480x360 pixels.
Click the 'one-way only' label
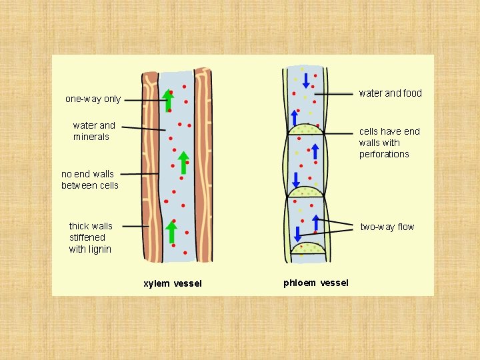click(x=93, y=99)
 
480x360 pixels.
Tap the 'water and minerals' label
click(x=93, y=131)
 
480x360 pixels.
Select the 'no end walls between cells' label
click(x=89, y=180)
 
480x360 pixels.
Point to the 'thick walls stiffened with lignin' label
click(x=91, y=237)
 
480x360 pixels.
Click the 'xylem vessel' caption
click(x=173, y=283)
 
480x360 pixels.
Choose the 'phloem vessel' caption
click(x=315, y=283)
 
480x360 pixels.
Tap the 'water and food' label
click(x=390, y=93)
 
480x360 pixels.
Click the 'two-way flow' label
click(x=387, y=227)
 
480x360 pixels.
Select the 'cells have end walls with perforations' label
click(x=389, y=143)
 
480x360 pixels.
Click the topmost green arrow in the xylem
click(x=168, y=101)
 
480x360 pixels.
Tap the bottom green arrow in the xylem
click(x=171, y=232)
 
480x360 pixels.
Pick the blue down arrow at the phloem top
click(x=306, y=81)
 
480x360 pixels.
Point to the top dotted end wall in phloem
click(x=306, y=129)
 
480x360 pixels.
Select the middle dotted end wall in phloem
click(x=305, y=192)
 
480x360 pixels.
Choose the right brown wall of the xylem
click(x=203, y=167)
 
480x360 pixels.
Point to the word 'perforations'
click(x=384, y=154)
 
